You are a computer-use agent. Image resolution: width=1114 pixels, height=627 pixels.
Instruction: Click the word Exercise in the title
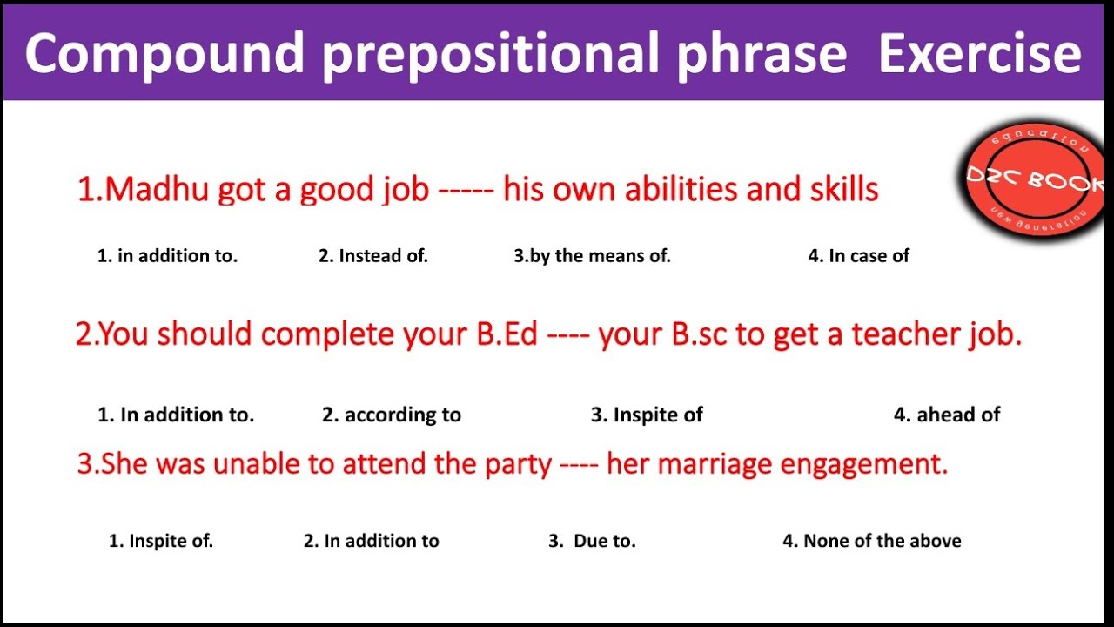tap(979, 54)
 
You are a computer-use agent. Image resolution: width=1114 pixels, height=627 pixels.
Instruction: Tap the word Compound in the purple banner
tap(164, 54)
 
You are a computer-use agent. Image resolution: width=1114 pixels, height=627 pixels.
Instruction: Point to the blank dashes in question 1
tap(466, 190)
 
